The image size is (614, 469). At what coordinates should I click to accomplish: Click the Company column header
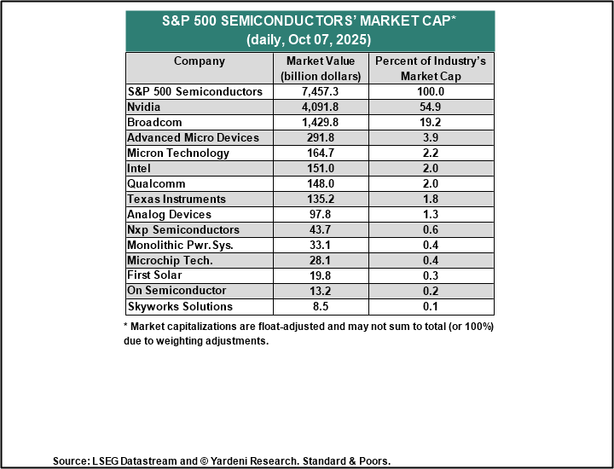coord(200,61)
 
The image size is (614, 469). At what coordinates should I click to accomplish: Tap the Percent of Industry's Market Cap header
coord(432,68)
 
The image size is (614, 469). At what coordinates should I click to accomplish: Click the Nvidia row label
coord(146,107)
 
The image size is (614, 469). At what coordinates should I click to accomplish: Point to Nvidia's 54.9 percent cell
coord(432,107)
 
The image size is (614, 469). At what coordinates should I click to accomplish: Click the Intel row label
coord(141,169)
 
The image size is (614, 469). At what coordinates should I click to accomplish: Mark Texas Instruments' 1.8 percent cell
coord(432,200)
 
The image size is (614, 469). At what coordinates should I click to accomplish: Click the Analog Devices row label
coord(169,215)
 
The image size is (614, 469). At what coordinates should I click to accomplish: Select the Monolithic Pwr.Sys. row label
coord(179,246)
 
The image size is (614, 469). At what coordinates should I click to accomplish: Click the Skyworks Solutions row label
coord(179,306)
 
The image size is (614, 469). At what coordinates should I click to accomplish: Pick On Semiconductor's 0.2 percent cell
coord(432,291)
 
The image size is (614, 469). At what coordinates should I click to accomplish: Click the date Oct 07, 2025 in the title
coord(329,39)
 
